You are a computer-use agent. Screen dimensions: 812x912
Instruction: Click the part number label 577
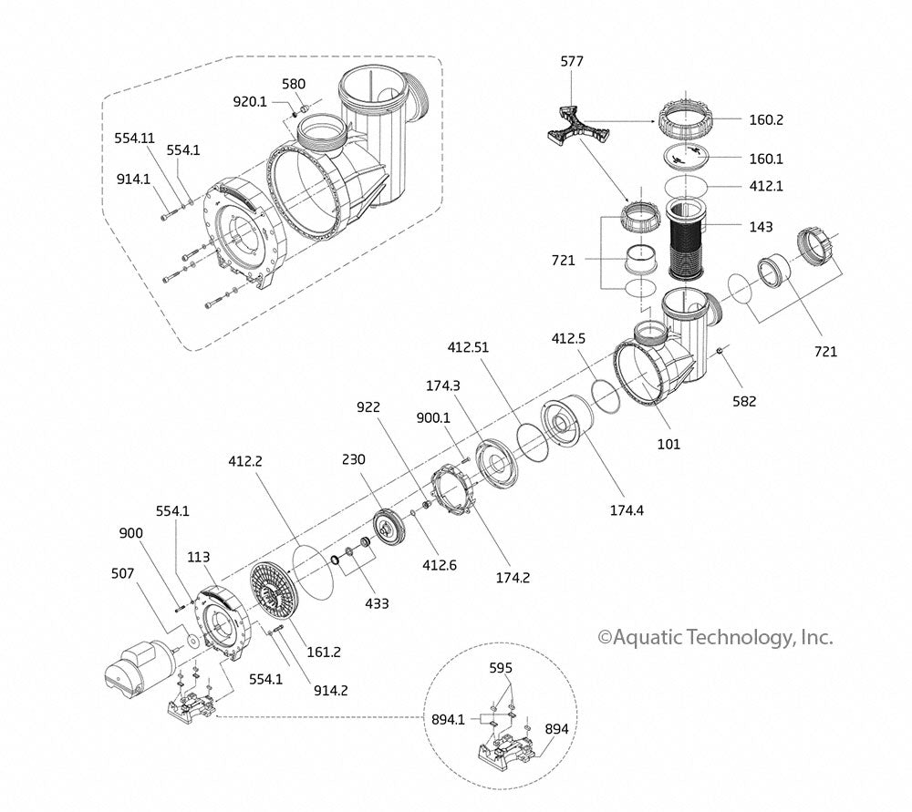point(572,62)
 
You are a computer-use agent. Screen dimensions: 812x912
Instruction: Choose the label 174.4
point(627,510)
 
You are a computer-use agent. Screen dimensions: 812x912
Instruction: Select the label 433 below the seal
point(377,603)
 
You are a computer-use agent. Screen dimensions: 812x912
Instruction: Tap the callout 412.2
point(245,462)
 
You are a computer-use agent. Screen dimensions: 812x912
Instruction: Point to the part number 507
point(123,573)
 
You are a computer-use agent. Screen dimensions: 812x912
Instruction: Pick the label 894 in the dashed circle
point(557,729)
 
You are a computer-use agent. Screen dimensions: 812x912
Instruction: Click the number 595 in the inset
point(501,666)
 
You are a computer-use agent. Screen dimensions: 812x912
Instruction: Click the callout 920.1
point(249,102)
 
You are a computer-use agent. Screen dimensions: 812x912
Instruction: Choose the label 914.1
point(132,179)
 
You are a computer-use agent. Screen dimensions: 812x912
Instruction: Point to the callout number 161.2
point(324,652)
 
